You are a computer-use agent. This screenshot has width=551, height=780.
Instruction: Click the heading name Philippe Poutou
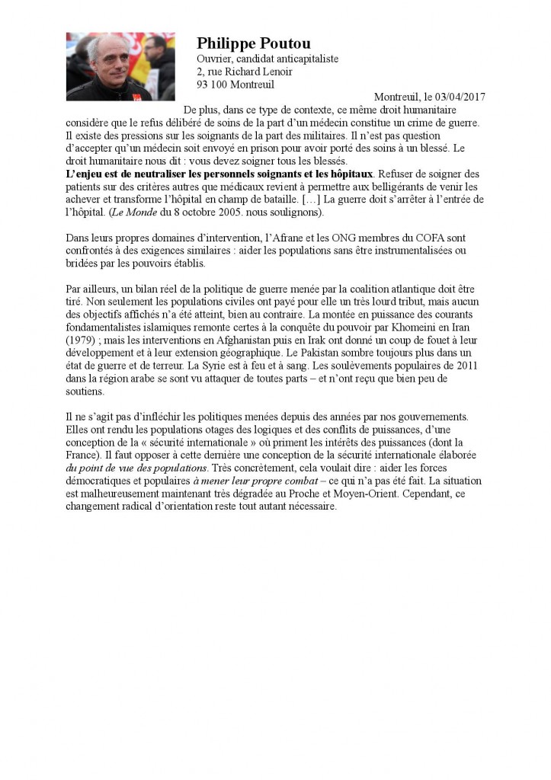(253, 43)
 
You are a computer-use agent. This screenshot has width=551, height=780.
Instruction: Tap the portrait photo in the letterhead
(120, 67)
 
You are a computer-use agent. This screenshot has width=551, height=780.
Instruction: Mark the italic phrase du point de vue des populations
(136, 468)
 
